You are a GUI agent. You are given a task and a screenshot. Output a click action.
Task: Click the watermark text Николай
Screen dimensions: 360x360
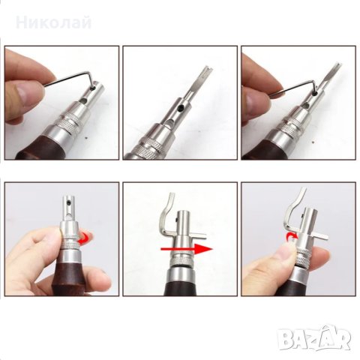click(53, 23)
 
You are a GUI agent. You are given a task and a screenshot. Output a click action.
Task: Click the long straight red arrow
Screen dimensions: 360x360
click(187, 249)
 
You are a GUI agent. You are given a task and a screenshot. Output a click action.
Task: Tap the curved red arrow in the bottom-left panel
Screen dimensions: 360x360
click(85, 238)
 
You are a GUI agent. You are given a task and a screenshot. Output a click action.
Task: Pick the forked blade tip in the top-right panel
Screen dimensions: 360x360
click(337, 67)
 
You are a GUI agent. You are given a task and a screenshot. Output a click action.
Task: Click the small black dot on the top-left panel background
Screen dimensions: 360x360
click(87, 137)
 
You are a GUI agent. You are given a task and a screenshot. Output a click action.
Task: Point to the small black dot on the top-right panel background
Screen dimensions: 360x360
click(313, 142)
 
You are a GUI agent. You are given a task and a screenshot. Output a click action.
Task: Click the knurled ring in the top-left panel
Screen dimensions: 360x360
click(67, 121)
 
